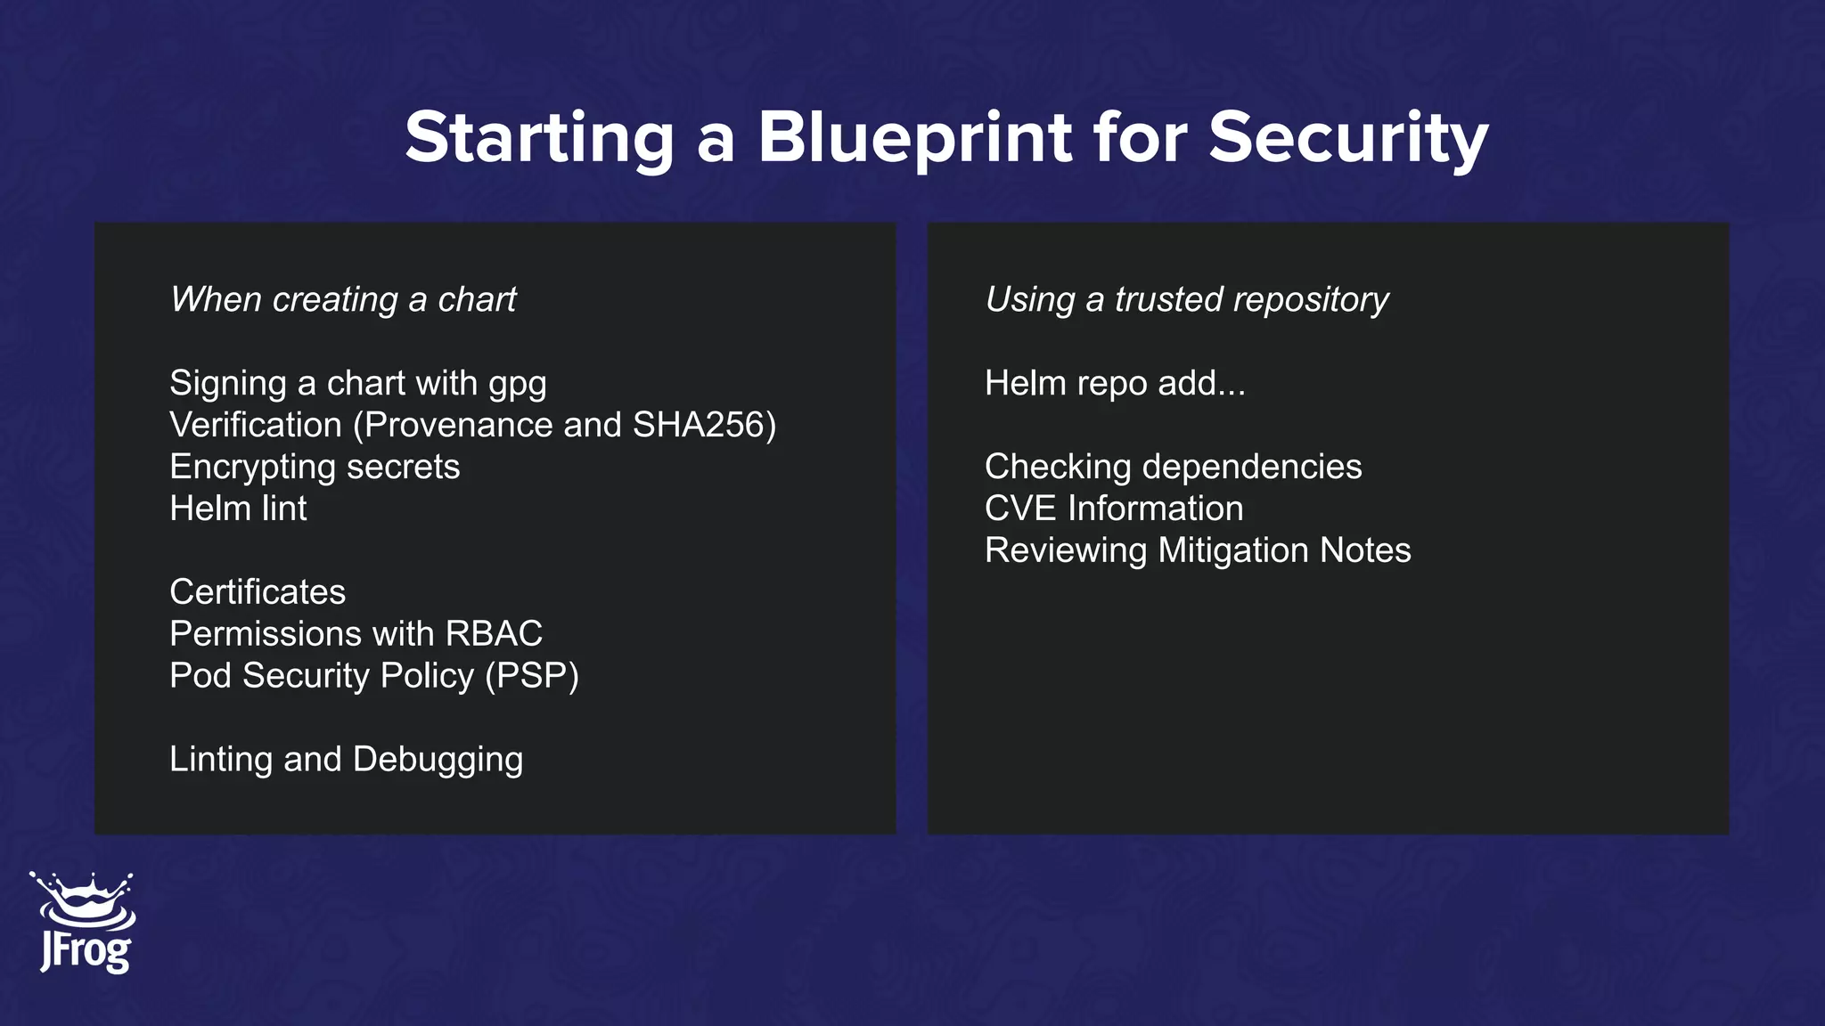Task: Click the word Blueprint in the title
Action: pos(915,138)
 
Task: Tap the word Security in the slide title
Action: pos(1347,138)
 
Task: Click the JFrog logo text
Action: pos(86,951)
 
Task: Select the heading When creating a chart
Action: pos(343,299)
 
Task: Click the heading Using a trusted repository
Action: pos(1186,299)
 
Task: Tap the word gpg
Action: pos(517,384)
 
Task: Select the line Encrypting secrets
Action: pos(315,467)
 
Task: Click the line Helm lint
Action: pos(238,509)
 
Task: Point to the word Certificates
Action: pos(258,592)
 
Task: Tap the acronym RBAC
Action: pos(494,634)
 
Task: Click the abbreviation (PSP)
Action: pos(532,676)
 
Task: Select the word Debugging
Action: pos(438,760)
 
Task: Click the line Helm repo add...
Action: pos(1114,383)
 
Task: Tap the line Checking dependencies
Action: pos(1173,467)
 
